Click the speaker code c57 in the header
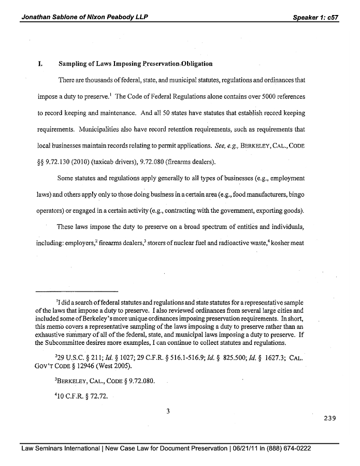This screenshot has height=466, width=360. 330,18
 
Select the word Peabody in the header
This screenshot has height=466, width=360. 115,18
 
